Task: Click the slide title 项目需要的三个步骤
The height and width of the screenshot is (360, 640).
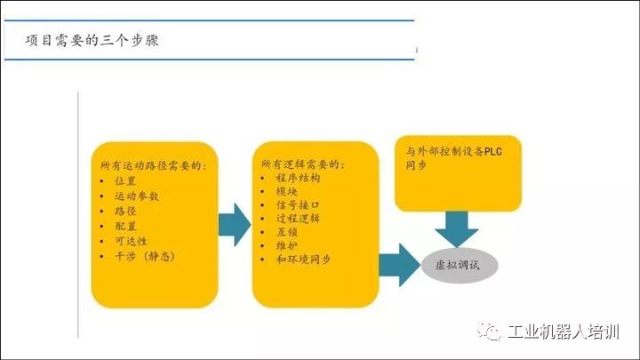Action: coord(92,41)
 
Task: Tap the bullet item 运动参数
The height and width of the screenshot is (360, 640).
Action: coord(136,196)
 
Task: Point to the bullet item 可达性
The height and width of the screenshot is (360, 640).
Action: coord(131,241)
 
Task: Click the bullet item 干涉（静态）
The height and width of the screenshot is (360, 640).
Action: coord(145,256)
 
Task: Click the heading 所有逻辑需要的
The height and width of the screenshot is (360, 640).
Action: coord(302,164)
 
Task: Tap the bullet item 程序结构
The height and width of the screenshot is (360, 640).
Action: coord(297,178)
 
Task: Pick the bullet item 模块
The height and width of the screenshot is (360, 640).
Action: coord(285,191)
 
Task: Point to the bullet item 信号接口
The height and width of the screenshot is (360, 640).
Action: coord(297,205)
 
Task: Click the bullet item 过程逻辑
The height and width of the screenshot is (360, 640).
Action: coord(297,219)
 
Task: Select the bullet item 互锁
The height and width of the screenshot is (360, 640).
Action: coord(285,232)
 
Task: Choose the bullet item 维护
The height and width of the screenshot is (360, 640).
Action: coord(285,246)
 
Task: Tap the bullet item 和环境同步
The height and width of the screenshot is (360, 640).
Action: coord(302,260)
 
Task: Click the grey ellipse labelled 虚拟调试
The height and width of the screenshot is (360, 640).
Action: coord(460,265)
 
